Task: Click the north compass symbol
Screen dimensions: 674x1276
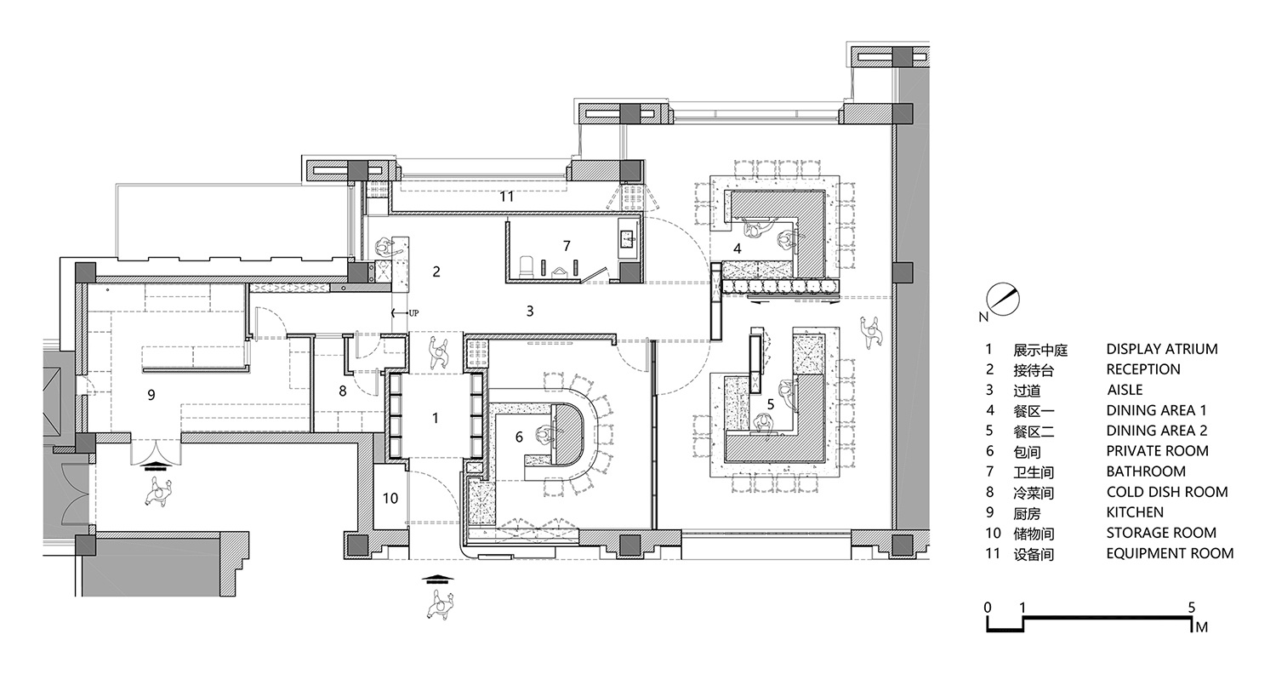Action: [x=1002, y=300]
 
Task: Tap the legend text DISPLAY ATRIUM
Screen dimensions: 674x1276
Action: [x=1161, y=349]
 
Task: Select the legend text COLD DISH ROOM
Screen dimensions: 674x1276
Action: [x=1166, y=492]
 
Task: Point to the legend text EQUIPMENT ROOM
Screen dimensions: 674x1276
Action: [x=1170, y=553]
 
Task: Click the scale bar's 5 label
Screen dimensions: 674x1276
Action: [x=1192, y=608]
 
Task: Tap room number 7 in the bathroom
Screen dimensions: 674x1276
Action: [x=567, y=246]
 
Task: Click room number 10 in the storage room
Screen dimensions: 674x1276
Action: [x=390, y=498]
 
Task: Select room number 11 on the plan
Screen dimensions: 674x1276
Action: [x=507, y=197]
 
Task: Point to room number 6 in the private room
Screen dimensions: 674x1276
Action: [x=519, y=437]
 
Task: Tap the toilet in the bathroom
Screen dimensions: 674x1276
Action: [x=527, y=266]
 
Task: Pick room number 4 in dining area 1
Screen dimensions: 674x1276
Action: [x=738, y=248]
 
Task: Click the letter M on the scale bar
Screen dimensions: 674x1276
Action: [x=1200, y=628]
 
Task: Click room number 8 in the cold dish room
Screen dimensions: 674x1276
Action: [x=343, y=391]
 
